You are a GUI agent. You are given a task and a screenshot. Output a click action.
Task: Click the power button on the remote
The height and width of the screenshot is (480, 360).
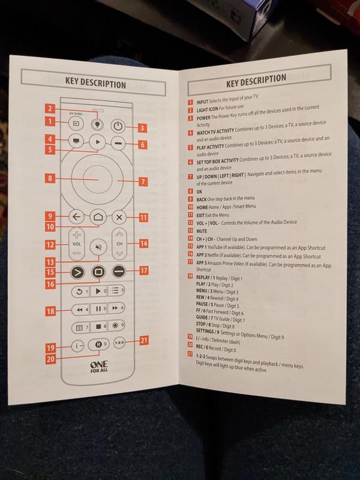pos(118,126)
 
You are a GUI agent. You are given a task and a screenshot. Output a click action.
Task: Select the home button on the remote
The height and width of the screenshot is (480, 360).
pos(97,218)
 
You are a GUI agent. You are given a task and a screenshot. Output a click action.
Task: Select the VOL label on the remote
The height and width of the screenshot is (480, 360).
pos(76,245)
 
